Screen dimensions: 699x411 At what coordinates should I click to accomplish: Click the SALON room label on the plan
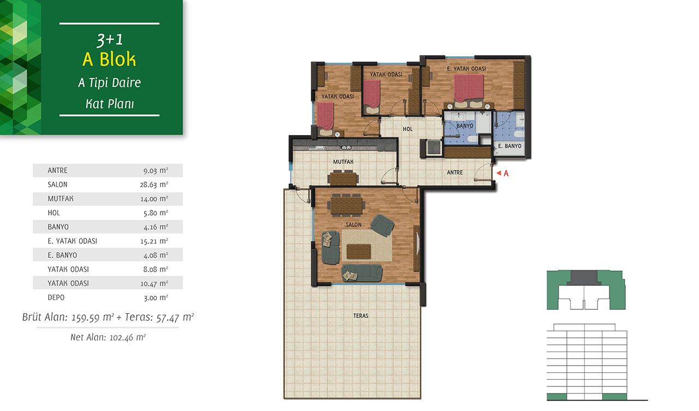click(353, 225)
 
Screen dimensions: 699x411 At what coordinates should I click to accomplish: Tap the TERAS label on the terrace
click(361, 316)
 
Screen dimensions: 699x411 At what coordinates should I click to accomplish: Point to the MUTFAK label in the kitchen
click(343, 162)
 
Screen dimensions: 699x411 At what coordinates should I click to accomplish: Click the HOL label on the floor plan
click(407, 129)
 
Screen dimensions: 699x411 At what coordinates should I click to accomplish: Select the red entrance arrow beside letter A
click(499, 173)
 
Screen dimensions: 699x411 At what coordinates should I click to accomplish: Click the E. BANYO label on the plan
click(510, 146)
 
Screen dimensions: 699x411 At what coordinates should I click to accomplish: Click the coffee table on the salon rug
click(359, 252)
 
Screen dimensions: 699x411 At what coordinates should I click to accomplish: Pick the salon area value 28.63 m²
click(154, 185)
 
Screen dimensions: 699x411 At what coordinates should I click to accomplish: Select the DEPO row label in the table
click(56, 298)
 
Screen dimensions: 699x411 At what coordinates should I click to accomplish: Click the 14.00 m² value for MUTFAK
click(154, 199)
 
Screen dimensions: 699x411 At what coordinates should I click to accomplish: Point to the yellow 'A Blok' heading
click(109, 59)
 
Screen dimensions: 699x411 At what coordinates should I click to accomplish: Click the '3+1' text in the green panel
click(110, 40)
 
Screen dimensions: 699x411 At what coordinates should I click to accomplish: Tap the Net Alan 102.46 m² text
click(108, 337)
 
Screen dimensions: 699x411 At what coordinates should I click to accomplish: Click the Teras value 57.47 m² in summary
click(175, 318)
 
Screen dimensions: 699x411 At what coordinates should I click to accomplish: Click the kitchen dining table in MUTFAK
click(343, 179)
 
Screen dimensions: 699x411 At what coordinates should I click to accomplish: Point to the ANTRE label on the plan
click(455, 172)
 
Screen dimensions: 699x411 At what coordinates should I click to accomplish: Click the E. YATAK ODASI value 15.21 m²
click(154, 241)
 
